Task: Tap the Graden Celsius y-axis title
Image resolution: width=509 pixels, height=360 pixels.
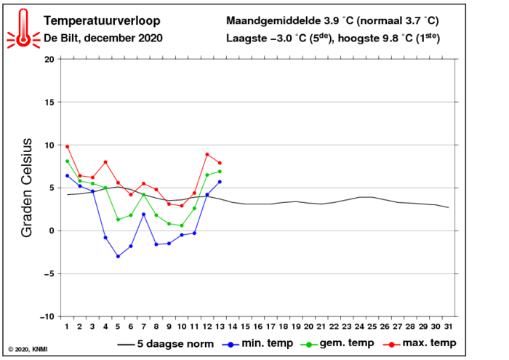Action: pos(27,188)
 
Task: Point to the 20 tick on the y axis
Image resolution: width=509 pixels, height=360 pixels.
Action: pos(49,59)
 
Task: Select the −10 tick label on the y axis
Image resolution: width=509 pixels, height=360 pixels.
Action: pos(47,316)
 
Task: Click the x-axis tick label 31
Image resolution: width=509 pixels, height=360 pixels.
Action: pos(449,327)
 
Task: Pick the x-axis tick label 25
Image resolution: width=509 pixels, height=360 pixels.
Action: pos(372,327)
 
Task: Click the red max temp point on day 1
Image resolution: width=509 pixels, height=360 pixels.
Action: pos(67,146)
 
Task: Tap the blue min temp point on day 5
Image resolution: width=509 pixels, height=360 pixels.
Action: pos(118,256)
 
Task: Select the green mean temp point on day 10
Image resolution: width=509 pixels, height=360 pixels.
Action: pos(182,225)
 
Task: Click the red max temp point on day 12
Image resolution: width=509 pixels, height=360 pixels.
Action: pos(207,154)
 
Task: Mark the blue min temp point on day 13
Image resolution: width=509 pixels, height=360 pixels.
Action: pos(220,182)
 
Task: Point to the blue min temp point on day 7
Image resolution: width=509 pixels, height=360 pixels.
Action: pos(143,214)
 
